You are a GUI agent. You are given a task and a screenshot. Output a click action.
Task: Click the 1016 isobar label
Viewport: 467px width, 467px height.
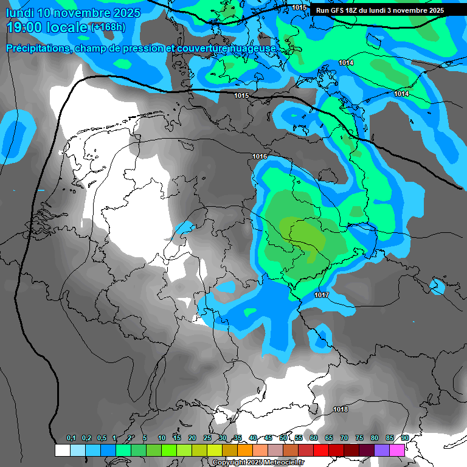click(x=260, y=157)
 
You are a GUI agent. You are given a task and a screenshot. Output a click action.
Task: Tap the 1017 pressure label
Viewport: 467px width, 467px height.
click(x=322, y=295)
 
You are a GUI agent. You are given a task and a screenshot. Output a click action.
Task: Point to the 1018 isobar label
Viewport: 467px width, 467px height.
click(x=341, y=409)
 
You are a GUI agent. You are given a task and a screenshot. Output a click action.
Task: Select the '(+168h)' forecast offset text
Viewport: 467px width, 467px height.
click(x=108, y=27)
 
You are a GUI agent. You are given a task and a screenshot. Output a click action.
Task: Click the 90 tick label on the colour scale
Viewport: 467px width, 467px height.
click(x=405, y=438)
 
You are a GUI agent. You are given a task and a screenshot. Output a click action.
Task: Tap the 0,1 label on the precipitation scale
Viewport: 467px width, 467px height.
click(x=71, y=438)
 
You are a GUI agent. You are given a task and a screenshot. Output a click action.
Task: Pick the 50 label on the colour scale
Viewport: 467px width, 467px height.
click(x=283, y=438)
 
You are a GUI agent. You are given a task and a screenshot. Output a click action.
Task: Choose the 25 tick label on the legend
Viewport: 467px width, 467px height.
click(x=207, y=438)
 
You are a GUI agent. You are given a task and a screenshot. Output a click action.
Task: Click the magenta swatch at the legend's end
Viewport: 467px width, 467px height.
click(x=397, y=450)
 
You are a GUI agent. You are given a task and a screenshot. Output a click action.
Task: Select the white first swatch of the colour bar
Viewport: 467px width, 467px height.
click(x=62, y=450)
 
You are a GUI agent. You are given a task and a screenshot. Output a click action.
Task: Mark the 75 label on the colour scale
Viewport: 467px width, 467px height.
click(x=359, y=438)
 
